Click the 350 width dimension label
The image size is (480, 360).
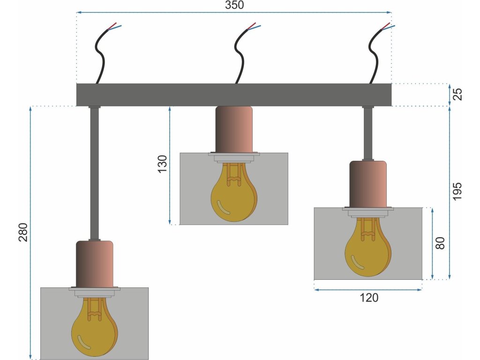234,5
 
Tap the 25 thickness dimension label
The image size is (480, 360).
457,94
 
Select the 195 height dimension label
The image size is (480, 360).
457,192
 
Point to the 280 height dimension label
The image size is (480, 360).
23,232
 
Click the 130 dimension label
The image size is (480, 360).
163,164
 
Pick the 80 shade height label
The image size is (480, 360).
440,243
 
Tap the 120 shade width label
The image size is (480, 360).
369,298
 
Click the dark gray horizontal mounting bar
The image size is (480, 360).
234,95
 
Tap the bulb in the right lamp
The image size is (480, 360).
368,247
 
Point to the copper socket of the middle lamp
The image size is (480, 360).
234,129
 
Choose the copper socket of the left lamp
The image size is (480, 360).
95,264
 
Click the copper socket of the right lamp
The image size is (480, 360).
368,184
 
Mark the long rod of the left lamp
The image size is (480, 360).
94,173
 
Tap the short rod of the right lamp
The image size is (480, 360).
368,134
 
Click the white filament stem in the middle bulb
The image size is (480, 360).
233,174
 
